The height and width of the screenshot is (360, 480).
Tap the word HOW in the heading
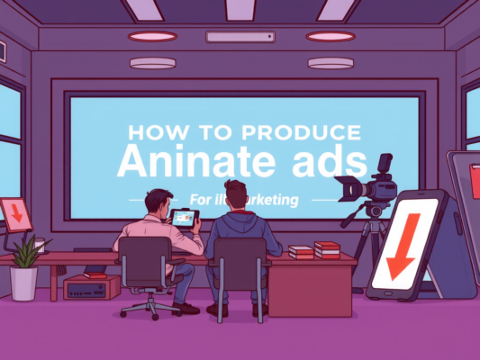click(150, 133)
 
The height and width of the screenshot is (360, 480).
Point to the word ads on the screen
click(329, 162)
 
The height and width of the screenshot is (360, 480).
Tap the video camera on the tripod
click(371, 186)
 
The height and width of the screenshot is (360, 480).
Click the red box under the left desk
click(92, 287)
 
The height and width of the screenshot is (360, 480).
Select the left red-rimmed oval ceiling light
click(152, 36)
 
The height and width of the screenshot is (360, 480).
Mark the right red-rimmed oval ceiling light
click(331, 36)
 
